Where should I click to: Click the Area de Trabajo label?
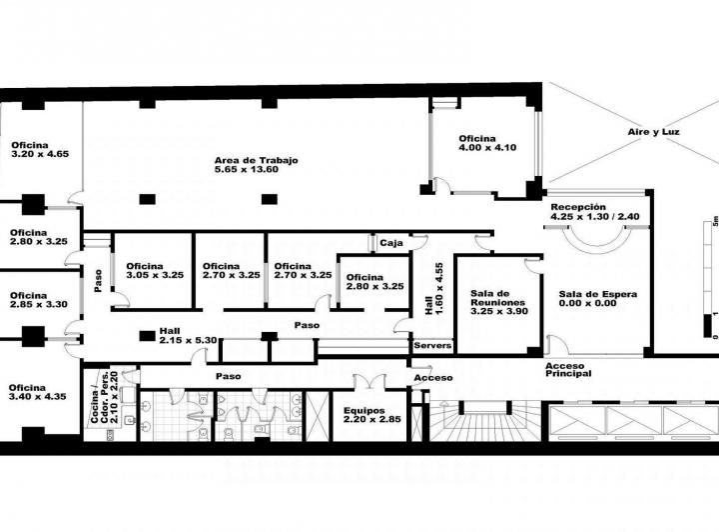[x=257, y=165]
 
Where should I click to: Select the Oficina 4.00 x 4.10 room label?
[x=487, y=143]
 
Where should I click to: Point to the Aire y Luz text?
[x=653, y=132]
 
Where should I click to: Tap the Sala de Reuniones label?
[x=497, y=303]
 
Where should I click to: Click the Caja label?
[x=390, y=243]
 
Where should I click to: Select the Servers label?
[x=433, y=346]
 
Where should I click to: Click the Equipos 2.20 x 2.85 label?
[x=370, y=415]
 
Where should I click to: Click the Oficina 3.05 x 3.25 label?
[x=154, y=270]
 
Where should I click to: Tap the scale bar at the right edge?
[x=710, y=281]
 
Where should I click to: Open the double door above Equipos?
[x=368, y=382]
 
